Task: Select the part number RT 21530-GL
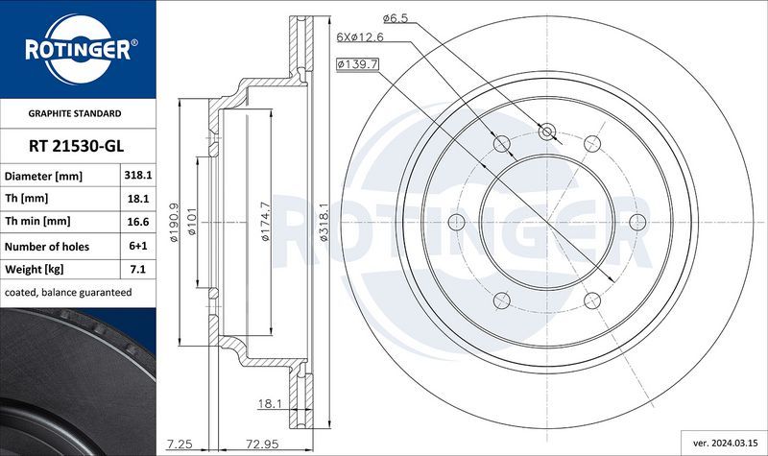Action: [77, 145]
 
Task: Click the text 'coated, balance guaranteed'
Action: [67, 292]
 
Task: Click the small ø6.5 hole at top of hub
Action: [547, 132]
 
